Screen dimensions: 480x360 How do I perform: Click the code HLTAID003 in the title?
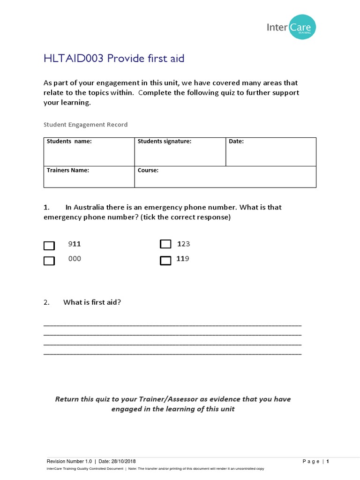coord(74,59)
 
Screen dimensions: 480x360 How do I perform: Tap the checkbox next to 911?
coord(49,246)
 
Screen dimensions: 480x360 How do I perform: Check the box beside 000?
coord(49,261)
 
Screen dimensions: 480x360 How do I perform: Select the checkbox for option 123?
coord(165,244)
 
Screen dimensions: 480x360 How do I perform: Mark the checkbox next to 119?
coord(165,261)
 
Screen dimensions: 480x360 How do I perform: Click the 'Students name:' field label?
coord(69,142)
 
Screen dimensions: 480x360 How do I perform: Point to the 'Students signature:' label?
coord(164,142)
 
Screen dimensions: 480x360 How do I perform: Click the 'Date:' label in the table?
coord(236,142)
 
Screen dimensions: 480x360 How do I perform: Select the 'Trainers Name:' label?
coord(67,170)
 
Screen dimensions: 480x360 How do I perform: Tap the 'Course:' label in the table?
coord(148,170)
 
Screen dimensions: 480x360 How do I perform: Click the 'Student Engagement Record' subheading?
coord(85,125)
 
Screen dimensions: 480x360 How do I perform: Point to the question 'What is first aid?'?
coord(92,302)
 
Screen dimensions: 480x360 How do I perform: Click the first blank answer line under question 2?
coord(172,325)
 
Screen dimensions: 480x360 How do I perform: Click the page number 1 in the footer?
coord(328,462)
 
